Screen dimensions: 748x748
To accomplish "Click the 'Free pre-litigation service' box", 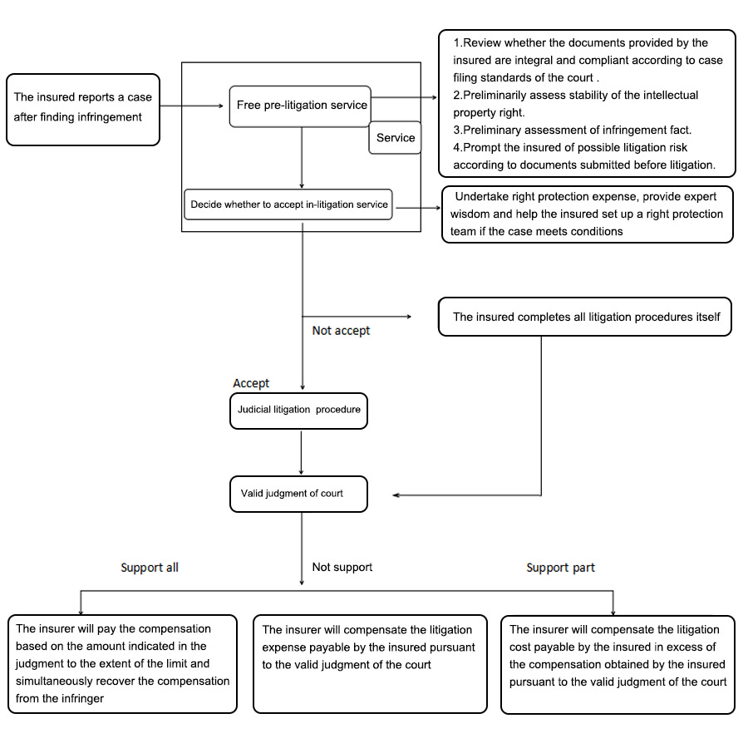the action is (300, 106).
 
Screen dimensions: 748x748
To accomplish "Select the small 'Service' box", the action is (396, 138).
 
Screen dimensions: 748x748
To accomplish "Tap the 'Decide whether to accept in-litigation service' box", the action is (288, 204).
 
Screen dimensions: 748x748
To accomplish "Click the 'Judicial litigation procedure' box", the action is (298, 411).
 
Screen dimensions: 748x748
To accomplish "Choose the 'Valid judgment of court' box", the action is (298, 495).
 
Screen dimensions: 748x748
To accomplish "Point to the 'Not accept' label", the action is (341, 331).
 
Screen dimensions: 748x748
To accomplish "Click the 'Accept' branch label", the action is (251, 383).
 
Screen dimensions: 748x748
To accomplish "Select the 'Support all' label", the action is (150, 568).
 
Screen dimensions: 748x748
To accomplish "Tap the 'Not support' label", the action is (342, 567).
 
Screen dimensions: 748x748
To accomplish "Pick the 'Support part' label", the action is (560, 568).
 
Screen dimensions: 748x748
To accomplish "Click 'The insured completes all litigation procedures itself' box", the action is (585, 317).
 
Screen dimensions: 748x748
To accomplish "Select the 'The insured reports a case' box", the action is (83, 110).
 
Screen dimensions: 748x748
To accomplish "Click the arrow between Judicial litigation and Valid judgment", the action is (301, 452).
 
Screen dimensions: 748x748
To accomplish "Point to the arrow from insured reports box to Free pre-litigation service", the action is (192, 106).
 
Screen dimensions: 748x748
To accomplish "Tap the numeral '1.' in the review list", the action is (458, 43).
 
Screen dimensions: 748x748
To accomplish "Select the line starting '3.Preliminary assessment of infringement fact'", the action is (572, 130).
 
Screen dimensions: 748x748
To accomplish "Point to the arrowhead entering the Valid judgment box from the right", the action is (395, 495).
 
